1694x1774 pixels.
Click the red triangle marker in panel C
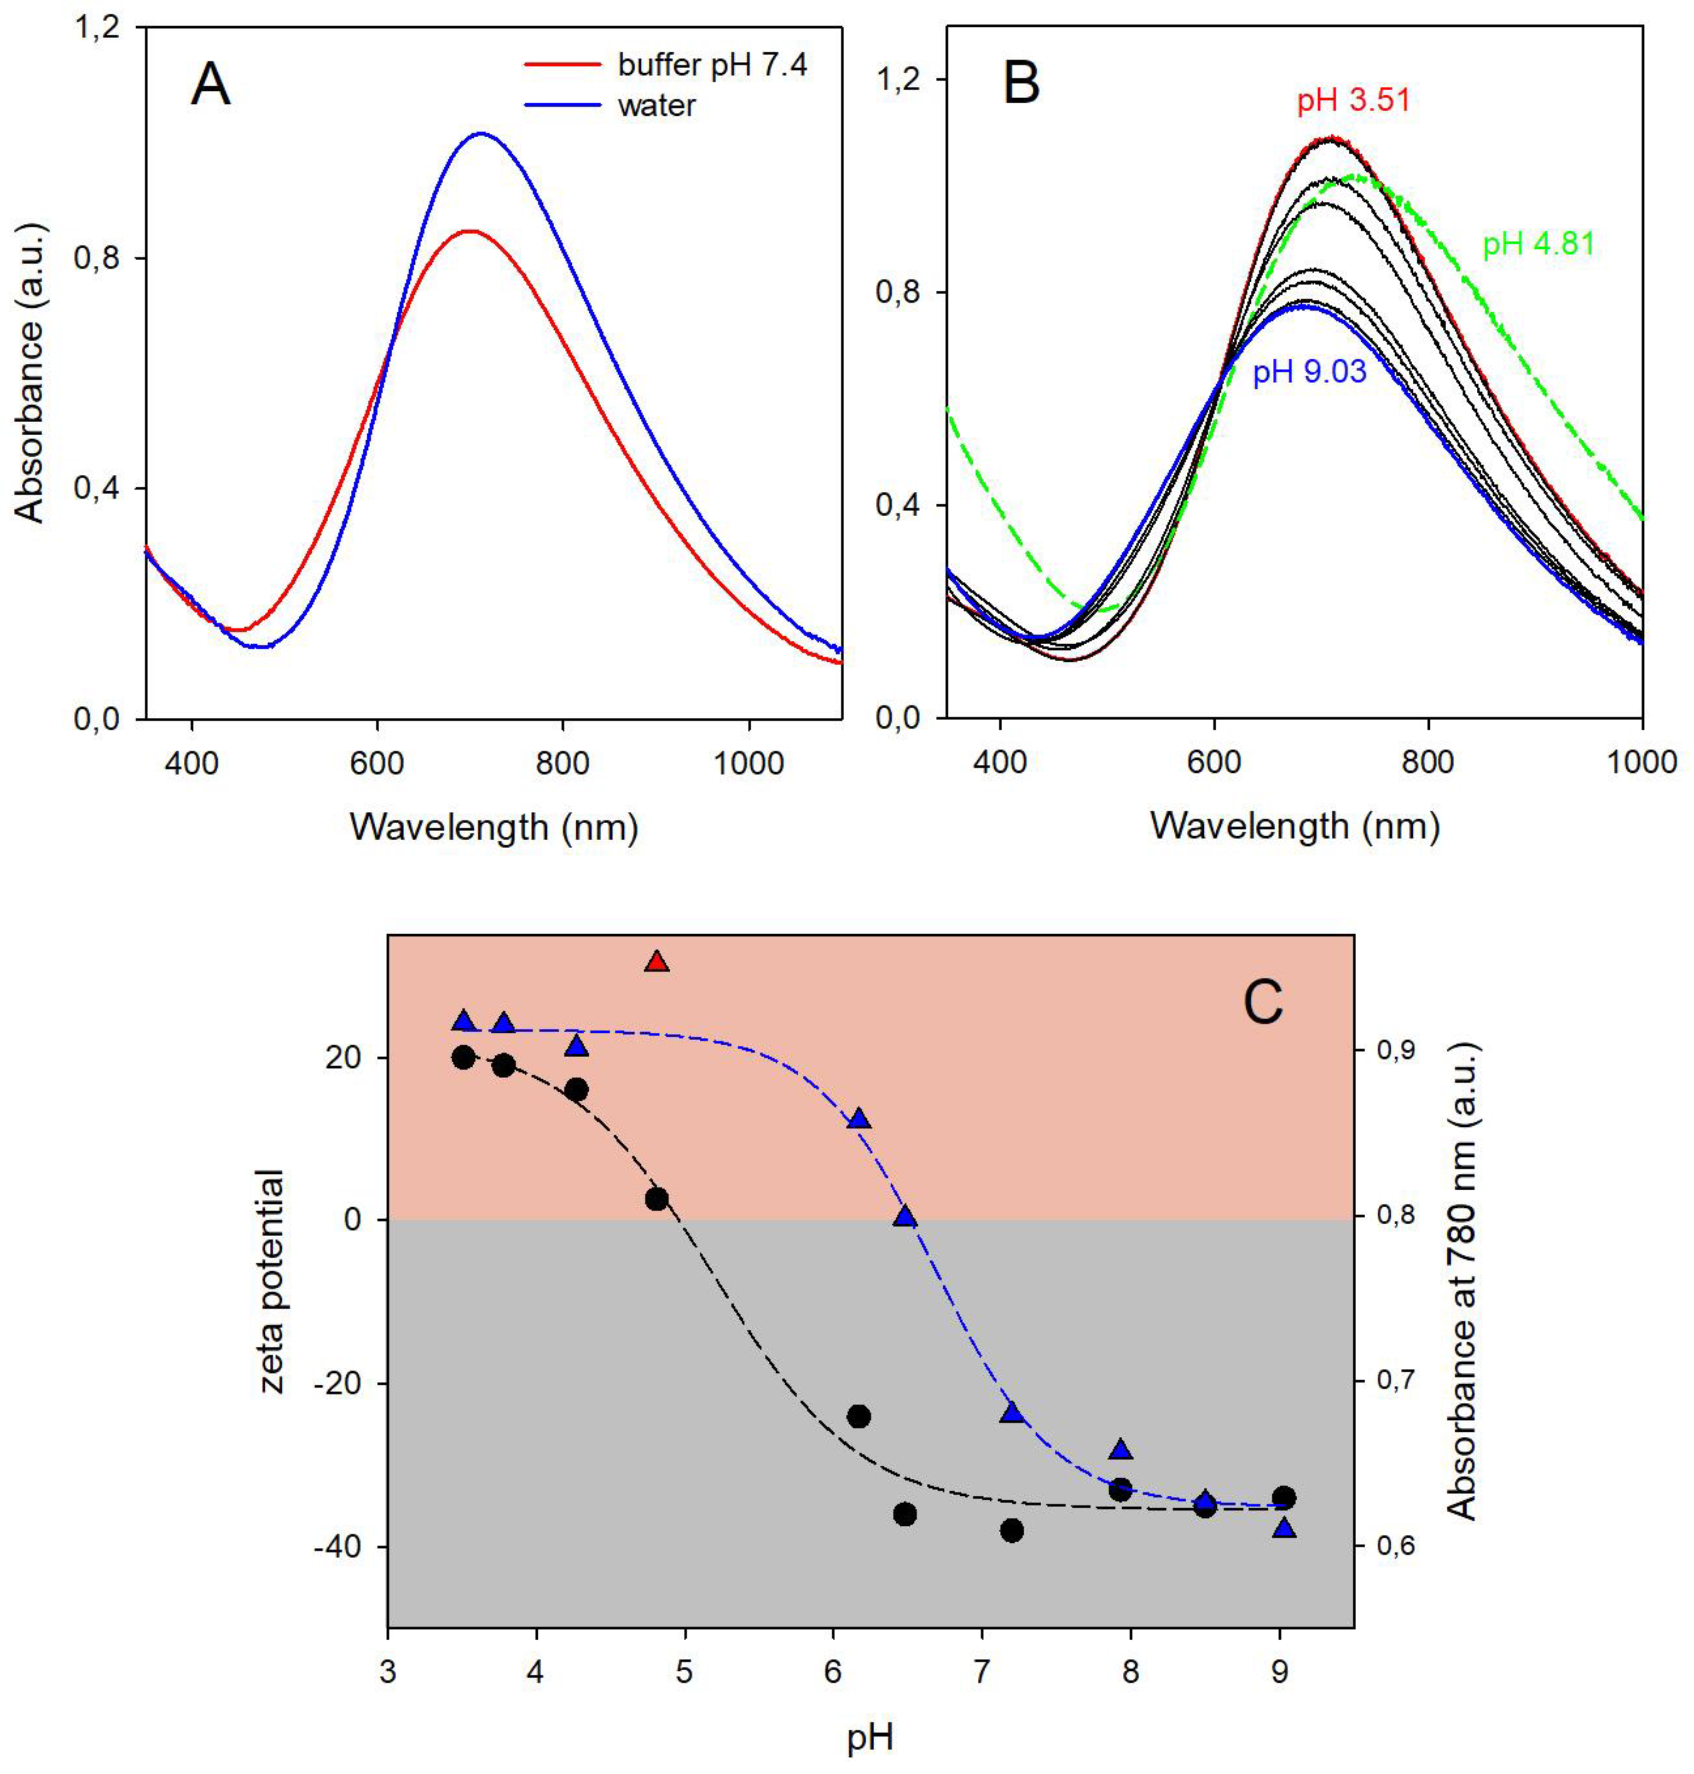click(x=656, y=962)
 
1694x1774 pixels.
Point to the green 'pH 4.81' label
click(x=1539, y=244)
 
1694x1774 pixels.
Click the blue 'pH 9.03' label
click(x=1309, y=372)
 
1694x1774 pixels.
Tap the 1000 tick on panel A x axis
click(x=749, y=764)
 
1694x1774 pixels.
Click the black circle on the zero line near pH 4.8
click(x=656, y=1198)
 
